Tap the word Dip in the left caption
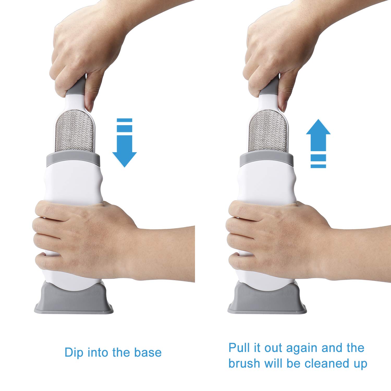(74, 353)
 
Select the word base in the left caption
(148, 353)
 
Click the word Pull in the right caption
(239, 348)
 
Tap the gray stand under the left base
(74, 300)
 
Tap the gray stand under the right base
(267, 300)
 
